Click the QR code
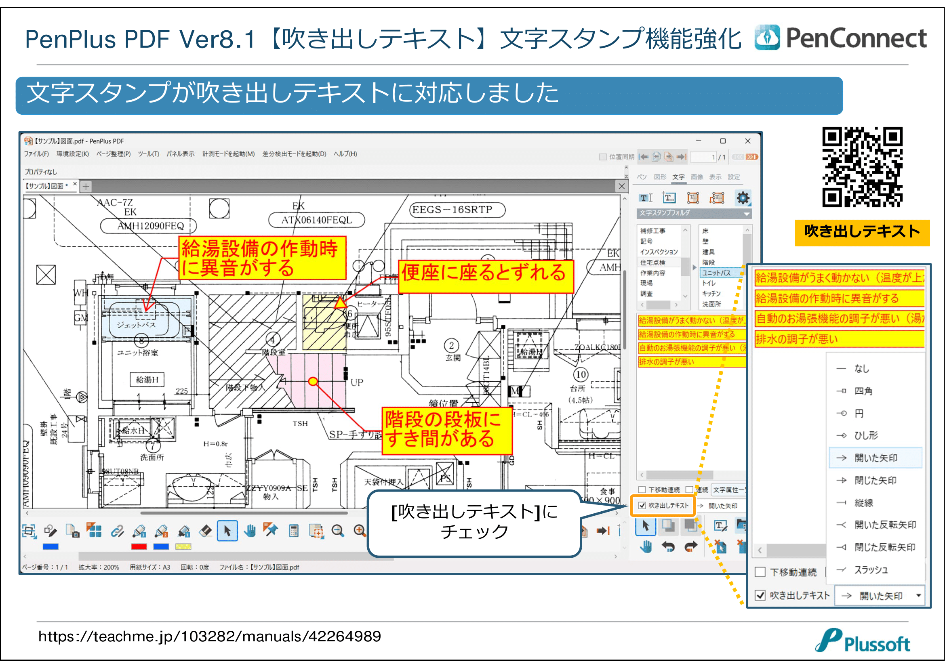pos(862,166)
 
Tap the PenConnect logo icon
pos(767,38)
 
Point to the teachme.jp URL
pos(210,636)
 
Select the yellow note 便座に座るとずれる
pos(486,276)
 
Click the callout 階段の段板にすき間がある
pos(446,430)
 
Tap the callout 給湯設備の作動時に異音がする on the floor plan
pos(262,258)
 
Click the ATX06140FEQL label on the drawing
pos(316,220)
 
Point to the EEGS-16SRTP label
pos(457,210)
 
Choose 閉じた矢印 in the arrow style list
pos(875,481)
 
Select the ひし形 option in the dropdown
pos(866,436)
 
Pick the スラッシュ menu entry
pos(871,570)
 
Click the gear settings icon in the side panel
pos(743,198)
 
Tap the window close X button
pos(748,141)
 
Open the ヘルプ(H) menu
pos(345,154)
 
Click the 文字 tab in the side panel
pos(678,177)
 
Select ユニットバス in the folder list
pos(716,273)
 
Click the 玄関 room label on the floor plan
pos(453,358)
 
